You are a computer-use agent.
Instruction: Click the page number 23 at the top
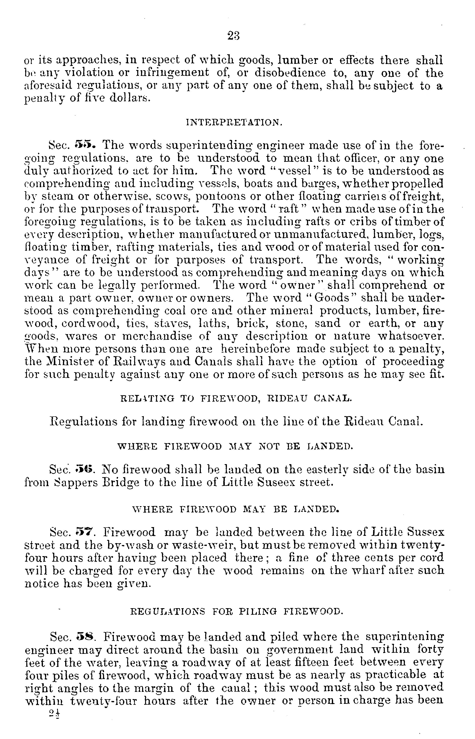pos(234,36)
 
